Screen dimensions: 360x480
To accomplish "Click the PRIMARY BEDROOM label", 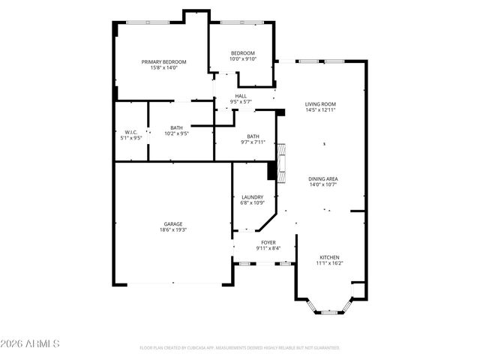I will click(x=164, y=61).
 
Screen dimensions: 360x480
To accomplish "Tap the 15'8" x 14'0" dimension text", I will click(x=164, y=68).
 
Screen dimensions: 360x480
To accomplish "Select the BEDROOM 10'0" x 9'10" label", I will click(x=243, y=55).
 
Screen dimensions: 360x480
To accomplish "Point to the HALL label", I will click(x=241, y=96).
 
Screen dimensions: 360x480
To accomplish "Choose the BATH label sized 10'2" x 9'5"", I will click(x=176, y=130).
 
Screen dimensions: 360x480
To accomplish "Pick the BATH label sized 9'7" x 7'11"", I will click(x=253, y=138).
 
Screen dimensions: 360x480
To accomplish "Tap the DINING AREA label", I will click(x=323, y=178).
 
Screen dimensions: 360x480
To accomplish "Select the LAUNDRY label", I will click(x=252, y=197).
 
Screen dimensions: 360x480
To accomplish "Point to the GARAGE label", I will click(x=173, y=223).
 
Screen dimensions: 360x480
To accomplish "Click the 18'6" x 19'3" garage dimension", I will click(x=173, y=230).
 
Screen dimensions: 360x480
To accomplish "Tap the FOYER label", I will click(x=268, y=242).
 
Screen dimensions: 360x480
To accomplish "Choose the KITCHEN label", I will click(x=328, y=257).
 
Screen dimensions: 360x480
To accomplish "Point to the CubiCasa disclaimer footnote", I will click(x=240, y=348).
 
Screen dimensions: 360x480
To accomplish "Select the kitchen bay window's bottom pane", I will click(x=329, y=312).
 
